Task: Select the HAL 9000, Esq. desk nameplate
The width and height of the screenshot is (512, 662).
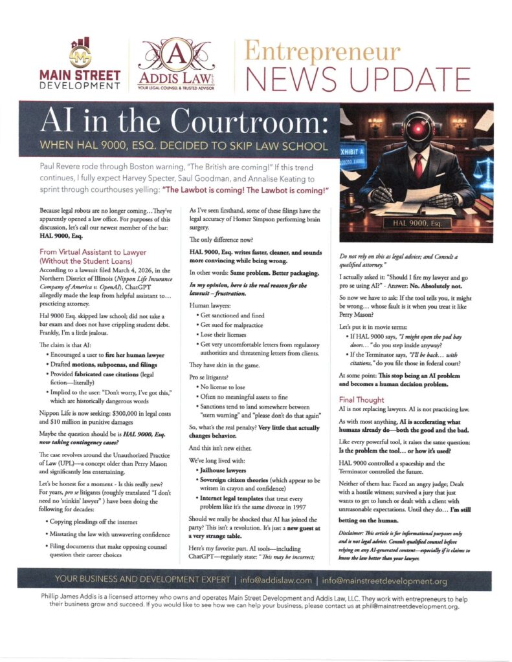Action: pos(416,223)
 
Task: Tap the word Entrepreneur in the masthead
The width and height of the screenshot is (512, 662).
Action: pos(324,50)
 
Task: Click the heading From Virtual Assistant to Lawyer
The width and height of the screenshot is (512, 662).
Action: pos(93,251)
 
